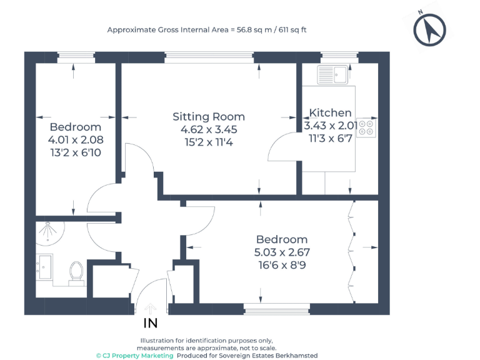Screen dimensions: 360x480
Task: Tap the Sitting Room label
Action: coord(209,117)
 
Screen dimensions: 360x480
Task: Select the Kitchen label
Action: coord(331,113)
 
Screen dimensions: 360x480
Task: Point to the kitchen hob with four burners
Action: coord(367,127)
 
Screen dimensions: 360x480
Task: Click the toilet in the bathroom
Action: coord(77,272)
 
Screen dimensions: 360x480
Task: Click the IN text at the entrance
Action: coord(151,323)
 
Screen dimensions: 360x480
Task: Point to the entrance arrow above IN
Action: coord(150,308)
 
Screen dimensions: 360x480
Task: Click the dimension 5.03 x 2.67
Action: coord(282,252)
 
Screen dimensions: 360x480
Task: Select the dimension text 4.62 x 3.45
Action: coord(209,129)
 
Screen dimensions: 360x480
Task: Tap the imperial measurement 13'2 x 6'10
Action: coord(76,152)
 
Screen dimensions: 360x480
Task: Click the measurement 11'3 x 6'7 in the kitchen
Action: coord(329,138)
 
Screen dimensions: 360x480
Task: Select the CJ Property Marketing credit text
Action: coord(134,355)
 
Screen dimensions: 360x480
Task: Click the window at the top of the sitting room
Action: coord(209,57)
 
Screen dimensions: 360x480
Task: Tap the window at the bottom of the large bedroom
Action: coord(276,309)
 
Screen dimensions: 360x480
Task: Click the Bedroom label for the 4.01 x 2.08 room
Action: coord(76,127)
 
